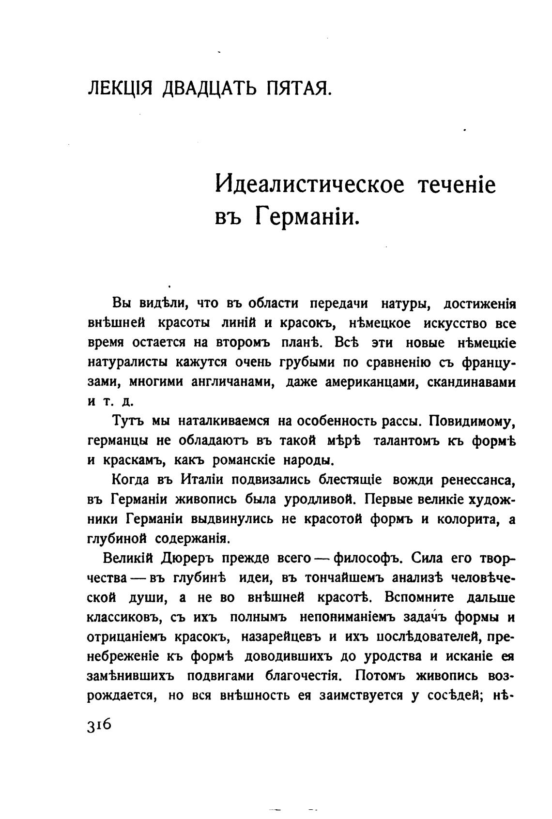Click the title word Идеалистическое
(x=309, y=184)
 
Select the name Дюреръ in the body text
(x=187, y=558)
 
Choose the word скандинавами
(x=472, y=382)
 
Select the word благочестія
(x=306, y=676)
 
